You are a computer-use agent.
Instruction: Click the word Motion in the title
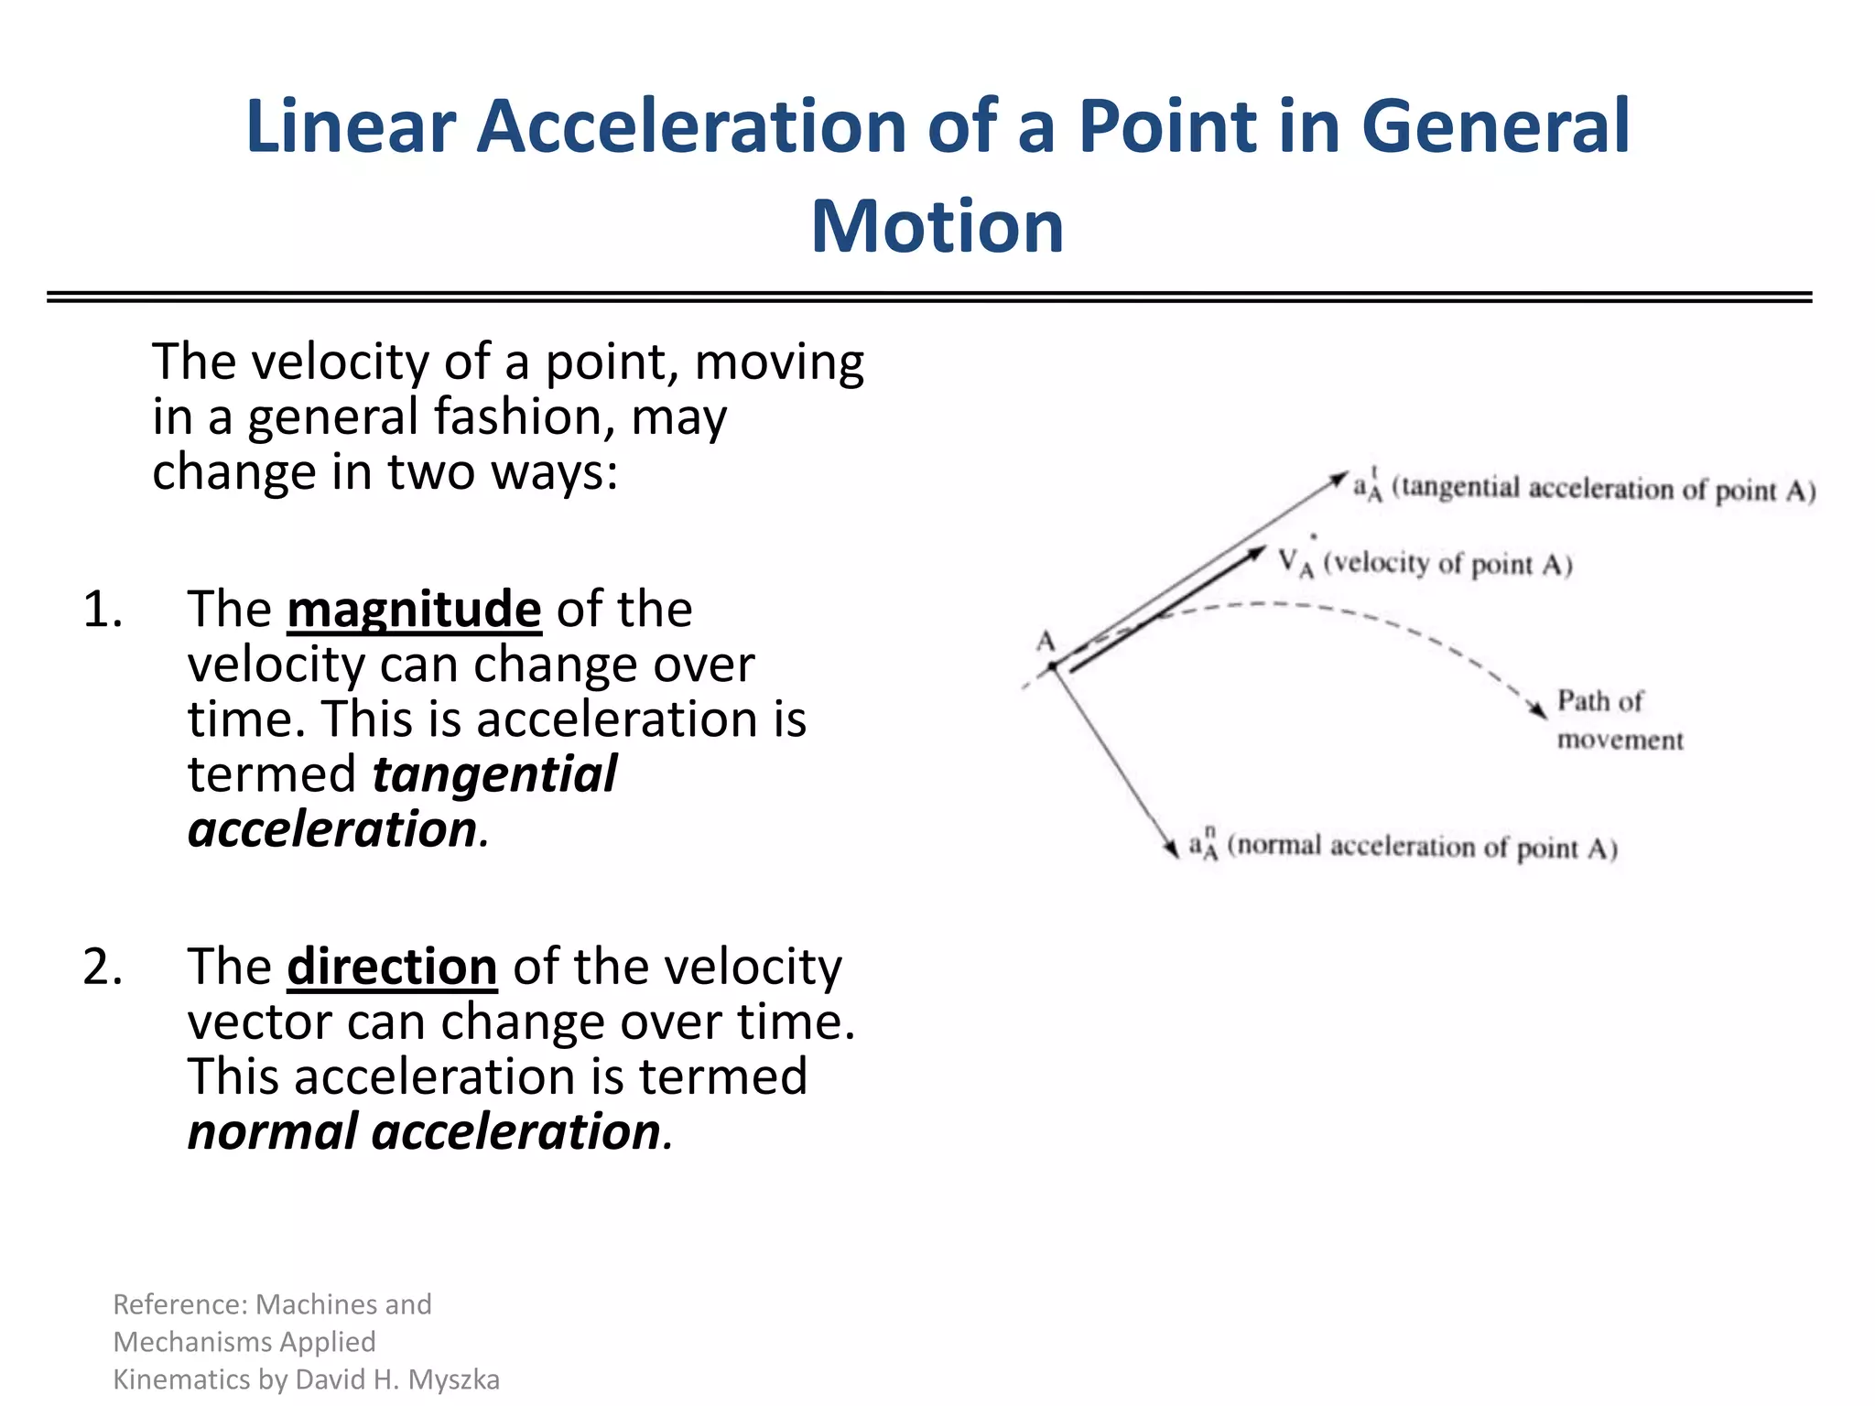937,226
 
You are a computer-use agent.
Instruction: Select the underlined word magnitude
414,610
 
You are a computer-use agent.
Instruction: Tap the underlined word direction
392,967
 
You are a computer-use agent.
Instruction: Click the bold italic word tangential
494,774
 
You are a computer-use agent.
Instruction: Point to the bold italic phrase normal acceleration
424,1132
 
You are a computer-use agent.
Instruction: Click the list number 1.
102,610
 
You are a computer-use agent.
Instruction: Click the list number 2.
102,967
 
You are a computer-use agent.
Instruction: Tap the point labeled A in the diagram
1053,666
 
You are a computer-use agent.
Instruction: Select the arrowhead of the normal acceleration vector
1172,849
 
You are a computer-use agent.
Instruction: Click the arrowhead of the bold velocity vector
1258,553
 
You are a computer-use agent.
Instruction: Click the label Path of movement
1619,720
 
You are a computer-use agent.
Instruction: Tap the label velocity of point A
1447,564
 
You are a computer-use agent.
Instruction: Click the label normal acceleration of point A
1422,847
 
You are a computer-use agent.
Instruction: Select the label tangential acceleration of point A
1602,489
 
